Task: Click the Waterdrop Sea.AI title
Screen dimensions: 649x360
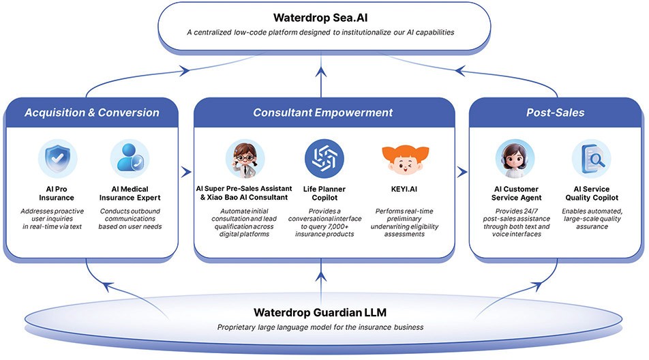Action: tap(320, 18)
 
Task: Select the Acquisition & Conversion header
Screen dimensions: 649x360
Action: tap(92, 112)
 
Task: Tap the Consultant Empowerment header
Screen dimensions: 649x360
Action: tap(323, 112)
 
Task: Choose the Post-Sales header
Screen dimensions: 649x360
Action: tap(556, 112)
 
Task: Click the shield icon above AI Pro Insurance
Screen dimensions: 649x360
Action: tap(57, 158)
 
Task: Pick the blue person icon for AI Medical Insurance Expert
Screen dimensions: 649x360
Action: tap(130, 158)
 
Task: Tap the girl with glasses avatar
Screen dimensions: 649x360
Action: tap(245, 158)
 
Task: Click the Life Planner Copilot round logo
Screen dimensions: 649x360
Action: tap(324, 158)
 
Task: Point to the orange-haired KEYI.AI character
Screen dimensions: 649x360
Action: tap(405, 159)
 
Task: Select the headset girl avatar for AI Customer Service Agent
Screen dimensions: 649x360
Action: tap(515, 158)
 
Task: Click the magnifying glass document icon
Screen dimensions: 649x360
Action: tap(592, 158)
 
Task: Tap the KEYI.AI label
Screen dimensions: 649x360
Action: tap(404, 189)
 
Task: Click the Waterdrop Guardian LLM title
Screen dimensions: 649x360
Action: tap(320, 312)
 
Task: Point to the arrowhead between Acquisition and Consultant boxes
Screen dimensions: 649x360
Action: tap(187, 172)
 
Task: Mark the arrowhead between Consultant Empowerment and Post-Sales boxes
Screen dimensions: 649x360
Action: tap(462, 172)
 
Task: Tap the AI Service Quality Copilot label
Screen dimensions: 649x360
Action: tap(592, 193)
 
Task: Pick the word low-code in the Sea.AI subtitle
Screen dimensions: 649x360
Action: tap(250, 32)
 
